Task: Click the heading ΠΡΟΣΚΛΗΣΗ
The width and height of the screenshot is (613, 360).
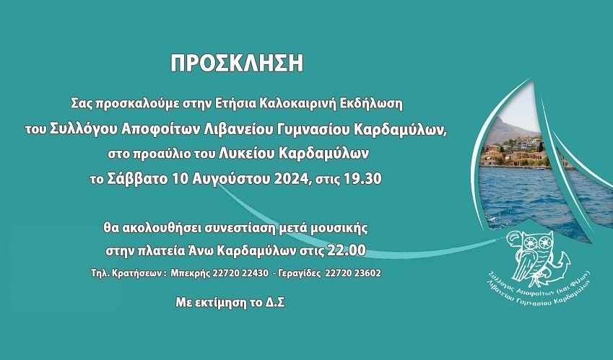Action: coord(237,63)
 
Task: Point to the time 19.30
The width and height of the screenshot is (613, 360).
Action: coord(362,179)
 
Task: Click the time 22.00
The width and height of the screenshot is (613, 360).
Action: coord(347,250)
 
